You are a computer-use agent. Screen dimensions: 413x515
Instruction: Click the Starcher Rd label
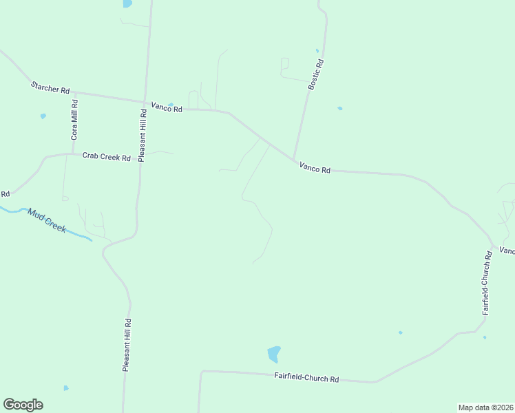[x=50, y=88]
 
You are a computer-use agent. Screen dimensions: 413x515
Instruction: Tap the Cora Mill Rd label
[x=74, y=120]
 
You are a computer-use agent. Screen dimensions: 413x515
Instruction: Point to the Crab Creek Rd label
[x=106, y=157]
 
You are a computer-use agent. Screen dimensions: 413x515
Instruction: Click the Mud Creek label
[x=47, y=220]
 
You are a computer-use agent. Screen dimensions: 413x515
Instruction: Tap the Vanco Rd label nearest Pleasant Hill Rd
[x=167, y=108]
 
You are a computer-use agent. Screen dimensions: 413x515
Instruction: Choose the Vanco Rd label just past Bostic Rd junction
[x=315, y=169]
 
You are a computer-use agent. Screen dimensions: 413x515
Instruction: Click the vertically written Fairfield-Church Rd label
[x=487, y=283]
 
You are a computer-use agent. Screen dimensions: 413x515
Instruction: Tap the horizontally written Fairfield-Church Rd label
[x=306, y=378]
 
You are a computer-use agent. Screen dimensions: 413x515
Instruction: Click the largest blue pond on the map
[x=273, y=354]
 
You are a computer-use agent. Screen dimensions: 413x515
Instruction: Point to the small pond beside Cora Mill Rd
[x=43, y=116]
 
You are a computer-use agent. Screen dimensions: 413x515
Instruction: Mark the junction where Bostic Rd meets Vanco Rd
[x=294, y=160]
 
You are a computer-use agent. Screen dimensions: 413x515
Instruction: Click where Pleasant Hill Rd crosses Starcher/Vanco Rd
[x=145, y=101]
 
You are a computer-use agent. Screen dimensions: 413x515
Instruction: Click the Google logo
[x=23, y=405]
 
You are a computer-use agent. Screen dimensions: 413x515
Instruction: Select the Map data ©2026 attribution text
[x=486, y=407]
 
